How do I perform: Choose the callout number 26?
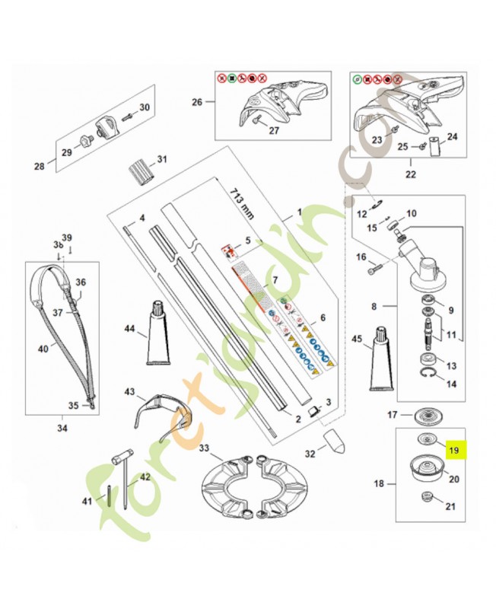click(197, 102)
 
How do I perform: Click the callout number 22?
click(412, 174)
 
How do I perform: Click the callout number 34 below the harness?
click(62, 428)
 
